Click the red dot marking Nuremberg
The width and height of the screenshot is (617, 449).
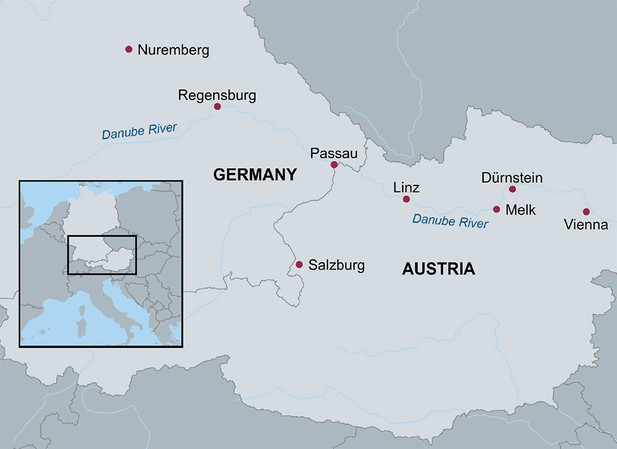tap(128, 49)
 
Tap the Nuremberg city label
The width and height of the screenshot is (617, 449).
tap(174, 50)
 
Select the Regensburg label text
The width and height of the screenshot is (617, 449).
tap(217, 96)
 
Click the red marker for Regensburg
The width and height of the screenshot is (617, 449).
tap(217, 107)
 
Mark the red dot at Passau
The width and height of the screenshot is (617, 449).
tap(334, 165)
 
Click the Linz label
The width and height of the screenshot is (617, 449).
tap(406, 188)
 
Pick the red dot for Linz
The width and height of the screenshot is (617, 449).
tap(406, 199)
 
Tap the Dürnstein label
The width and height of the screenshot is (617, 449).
tap(512, 178)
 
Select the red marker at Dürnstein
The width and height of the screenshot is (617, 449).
tap(512, 189)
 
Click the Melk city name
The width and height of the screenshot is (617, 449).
tap(521, 210)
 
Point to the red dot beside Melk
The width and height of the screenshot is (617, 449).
tap(497, 209)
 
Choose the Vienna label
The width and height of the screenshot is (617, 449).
tap(586, 225)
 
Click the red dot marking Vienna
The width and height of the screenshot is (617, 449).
tap(586, 212)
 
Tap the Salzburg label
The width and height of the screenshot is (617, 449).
tap(337, 266)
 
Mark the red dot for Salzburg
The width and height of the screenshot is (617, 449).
tap(299, 264)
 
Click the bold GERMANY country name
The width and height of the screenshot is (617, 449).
tap(255, 175)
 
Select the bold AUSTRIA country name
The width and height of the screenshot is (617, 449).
tap(439, 269)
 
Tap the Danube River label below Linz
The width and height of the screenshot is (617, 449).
tap(450, 220)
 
